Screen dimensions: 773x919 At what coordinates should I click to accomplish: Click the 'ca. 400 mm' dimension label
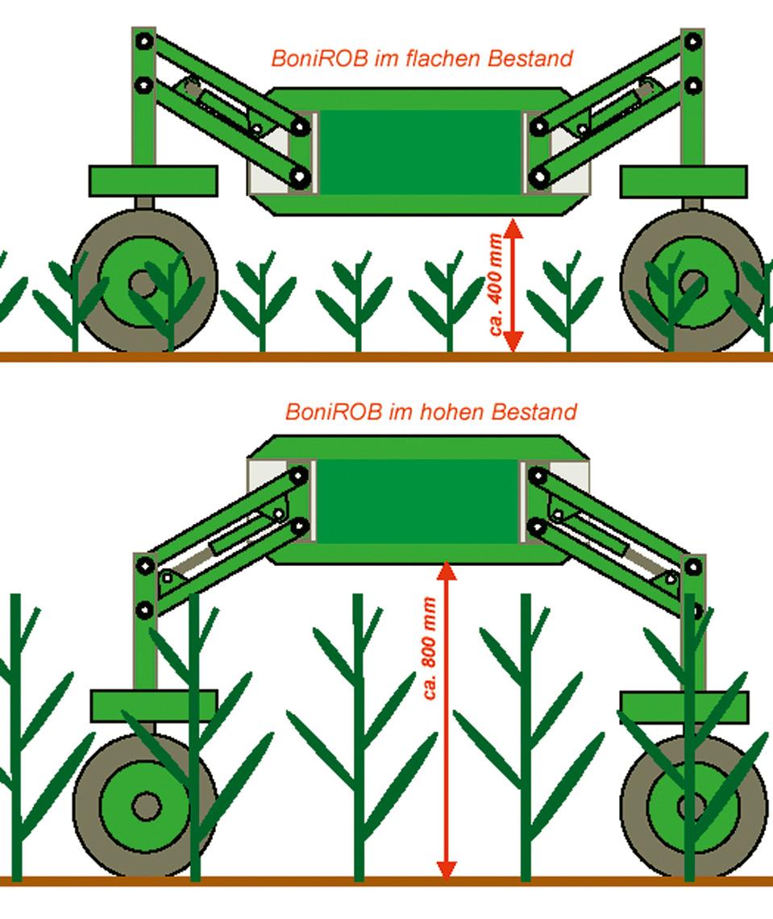point(496,285)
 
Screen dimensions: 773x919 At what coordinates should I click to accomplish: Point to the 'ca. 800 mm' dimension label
point(430,647)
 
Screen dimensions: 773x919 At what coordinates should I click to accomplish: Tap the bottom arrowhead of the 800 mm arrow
point(447,870)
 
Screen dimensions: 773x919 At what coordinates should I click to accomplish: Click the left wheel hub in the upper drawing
point(143,285)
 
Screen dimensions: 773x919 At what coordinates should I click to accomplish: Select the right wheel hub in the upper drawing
point(692,285)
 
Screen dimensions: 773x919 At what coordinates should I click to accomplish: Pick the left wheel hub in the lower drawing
point(146,806)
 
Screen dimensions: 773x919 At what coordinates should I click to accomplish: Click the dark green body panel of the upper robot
point(420,152)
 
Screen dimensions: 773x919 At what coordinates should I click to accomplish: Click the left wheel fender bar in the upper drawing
point(153,181)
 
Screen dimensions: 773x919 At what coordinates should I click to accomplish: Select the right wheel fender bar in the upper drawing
point(684,181)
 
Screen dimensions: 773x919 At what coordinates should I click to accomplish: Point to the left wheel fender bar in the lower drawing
point(154,705)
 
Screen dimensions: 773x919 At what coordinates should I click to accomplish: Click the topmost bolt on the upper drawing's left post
point(144,42)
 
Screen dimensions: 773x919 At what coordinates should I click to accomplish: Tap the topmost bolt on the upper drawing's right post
point(692,42)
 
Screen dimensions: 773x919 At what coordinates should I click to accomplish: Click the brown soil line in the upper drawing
point(386,357)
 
